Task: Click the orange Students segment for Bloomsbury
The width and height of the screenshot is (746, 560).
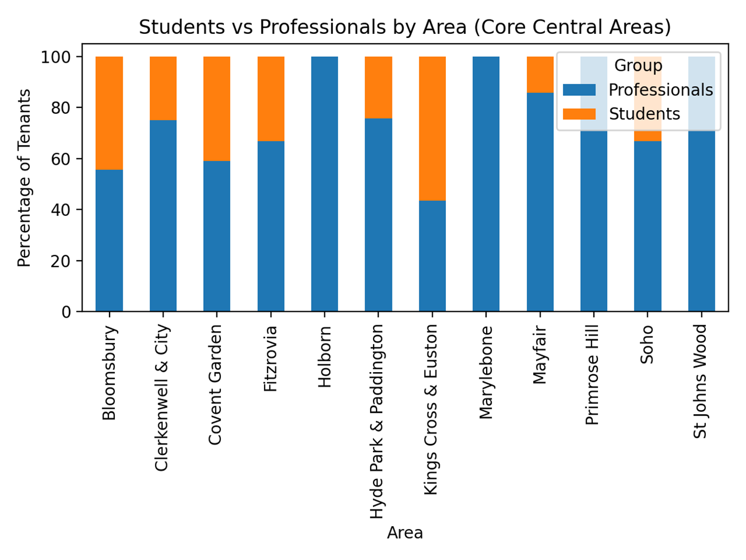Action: tap(109, 113)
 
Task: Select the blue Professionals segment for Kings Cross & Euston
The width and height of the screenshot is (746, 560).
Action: tap(432, 256)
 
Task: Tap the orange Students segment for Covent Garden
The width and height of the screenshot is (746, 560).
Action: tap(217, 109)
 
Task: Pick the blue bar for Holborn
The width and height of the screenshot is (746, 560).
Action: tap(324, 184)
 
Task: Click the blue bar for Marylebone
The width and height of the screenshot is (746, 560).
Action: tap(486, 184)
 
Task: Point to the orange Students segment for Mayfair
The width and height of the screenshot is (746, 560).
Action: tap(540, 75)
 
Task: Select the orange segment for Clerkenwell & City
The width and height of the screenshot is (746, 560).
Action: tap(163, 88)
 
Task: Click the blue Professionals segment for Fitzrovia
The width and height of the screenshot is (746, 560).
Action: tap(271, 226)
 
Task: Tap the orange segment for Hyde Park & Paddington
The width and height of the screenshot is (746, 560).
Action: tap(378, 87)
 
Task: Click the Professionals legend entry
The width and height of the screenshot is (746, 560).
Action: tap(660, 90)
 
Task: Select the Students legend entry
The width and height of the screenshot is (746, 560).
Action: tap(644, 114)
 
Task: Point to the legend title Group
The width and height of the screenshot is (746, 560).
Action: tap(638, 65)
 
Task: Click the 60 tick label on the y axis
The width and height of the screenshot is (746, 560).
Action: tap(64, 159)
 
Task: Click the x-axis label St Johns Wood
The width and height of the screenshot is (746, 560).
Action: tap(701, 381)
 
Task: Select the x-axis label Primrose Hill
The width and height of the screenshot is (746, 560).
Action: tap(593, 374)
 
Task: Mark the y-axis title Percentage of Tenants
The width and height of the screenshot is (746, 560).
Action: tap(24, 177)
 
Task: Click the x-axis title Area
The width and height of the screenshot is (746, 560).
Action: tap(405, 533)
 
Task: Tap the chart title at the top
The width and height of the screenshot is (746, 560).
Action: tap(405, 27)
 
